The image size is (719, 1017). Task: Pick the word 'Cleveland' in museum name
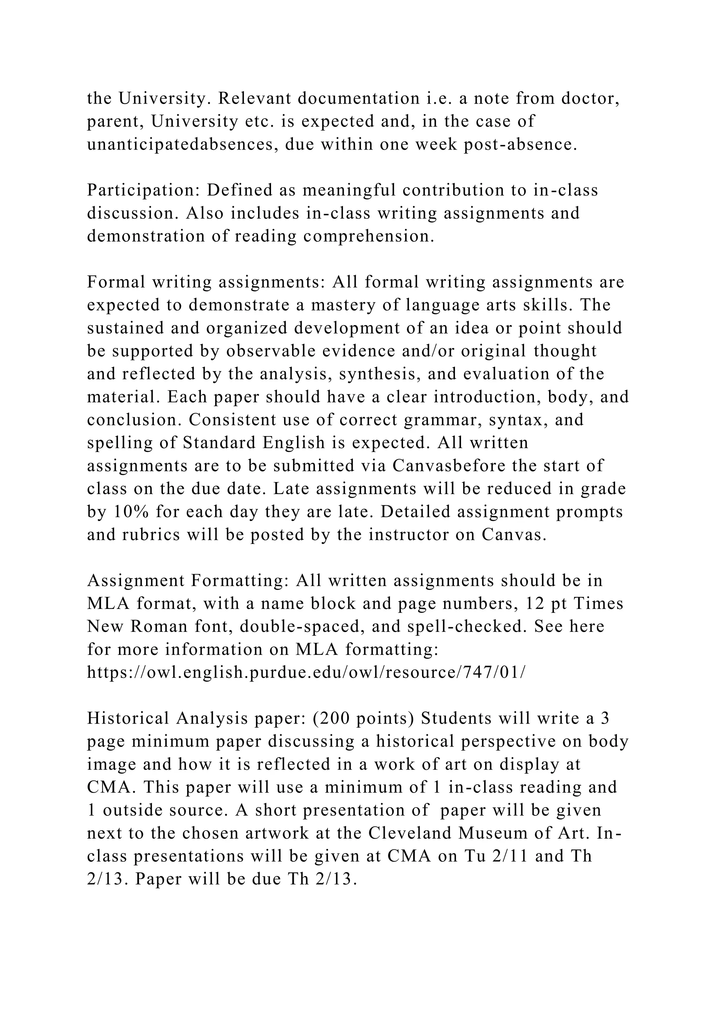click(x=410, y=833)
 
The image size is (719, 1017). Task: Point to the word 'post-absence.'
click(x=521, y=144)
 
